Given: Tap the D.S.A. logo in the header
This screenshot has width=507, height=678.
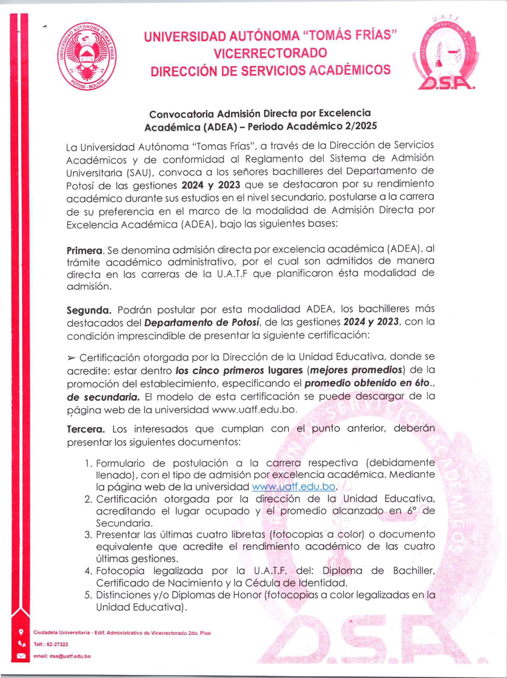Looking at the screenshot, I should click(445, 55).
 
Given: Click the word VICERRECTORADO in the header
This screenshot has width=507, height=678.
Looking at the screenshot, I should click(270, 53).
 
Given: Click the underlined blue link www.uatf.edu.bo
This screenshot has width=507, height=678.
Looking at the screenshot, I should click(293, 487).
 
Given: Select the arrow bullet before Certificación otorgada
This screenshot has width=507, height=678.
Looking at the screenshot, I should click(71, 358).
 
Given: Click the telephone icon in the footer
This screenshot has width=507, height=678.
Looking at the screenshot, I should click(21, 644).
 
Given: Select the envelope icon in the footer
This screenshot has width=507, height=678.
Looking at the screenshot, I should click(21, 656).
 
